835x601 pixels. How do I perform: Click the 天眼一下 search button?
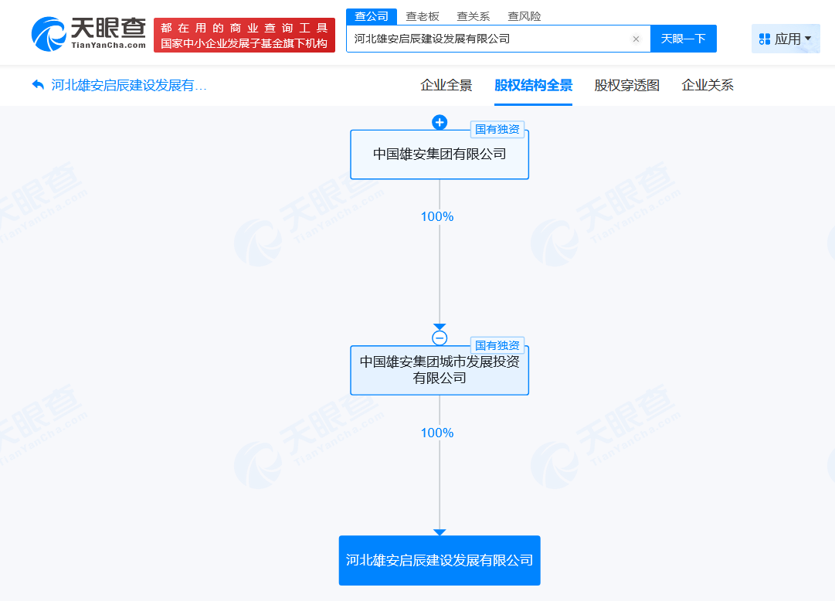[x=684, y=39]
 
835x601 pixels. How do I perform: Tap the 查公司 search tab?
[x=372, y=16]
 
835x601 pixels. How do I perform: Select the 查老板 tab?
[x=423, y=16]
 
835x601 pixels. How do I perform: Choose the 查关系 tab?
[x=473, y=16]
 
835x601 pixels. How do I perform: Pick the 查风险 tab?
[x=524, y=16]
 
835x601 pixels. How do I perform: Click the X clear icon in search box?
[x=636, y=39]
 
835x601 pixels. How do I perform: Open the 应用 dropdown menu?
[x=786, y=39]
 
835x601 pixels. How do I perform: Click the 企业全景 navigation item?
[x=446, y=85]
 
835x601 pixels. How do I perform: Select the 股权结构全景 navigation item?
[x=533, y=85]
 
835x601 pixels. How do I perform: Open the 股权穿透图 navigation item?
[x=626, y=85]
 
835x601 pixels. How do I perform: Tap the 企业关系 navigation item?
[x=708, y=85]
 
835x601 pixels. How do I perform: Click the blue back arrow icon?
[x=38, y=85]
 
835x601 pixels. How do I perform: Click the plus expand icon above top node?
[x=440, y=123]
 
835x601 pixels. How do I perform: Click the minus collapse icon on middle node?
[x=440, y=338]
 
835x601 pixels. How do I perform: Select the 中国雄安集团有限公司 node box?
[x=440, y=154]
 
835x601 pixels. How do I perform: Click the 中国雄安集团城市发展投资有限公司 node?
[x=440, y=370]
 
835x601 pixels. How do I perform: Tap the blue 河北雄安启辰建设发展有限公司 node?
[x=440, y=561]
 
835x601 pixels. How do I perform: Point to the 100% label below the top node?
[x=437, y=217]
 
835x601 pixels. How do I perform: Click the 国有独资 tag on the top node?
[x=497, y=130]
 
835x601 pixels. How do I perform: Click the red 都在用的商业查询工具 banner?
[x=244, y=36]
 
